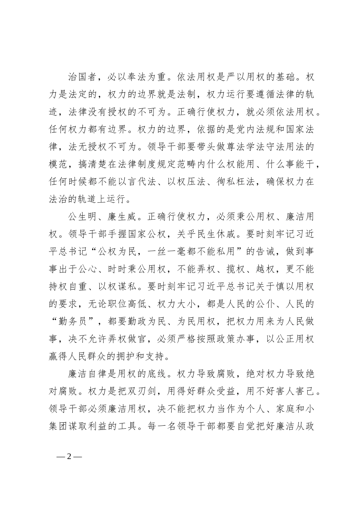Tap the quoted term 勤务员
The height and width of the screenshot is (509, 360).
[73, 322]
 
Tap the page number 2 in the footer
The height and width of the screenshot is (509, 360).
[69, 456]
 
